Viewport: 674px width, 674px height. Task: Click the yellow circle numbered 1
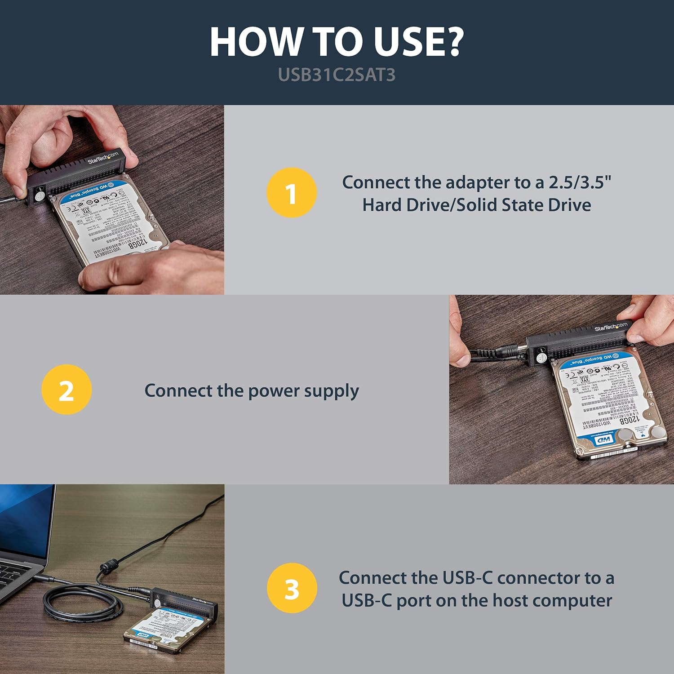click(292, 193)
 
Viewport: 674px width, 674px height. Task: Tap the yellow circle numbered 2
click(67, 390)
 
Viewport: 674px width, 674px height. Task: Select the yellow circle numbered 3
click(292, 588)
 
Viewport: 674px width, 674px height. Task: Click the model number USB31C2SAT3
click(337, 75)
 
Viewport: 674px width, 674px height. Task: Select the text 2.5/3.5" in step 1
click(580, 182)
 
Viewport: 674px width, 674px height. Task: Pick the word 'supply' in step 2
click(331, 391)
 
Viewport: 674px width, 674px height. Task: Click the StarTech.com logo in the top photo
click(103, 157)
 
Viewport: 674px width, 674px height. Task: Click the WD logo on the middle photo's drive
click(603, 439)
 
